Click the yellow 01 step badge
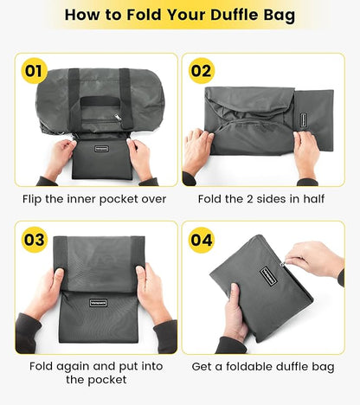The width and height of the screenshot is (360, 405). click(x=35, y=71)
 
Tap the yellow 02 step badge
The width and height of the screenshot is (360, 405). click(x=201, y=71)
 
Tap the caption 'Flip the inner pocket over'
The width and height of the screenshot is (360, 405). click(x=93, y=198)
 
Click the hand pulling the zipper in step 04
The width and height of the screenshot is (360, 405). click(x=316, y=258)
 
